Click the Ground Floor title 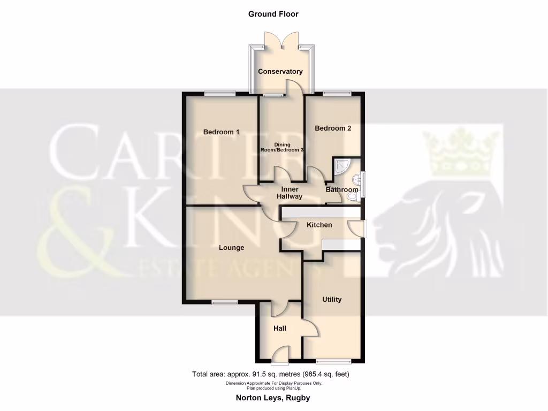tap(273, 14)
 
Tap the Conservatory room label tap(280, 72)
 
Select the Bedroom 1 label tap(221, 132)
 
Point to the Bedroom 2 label tap(333, 128)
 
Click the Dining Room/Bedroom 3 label tap(282, 148)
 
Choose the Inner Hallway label tap(290, 193)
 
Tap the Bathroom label tap(342, 190)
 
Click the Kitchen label tap(319, 225)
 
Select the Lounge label tap(231, 248)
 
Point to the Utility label tap(332, 300)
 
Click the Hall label tap(279, 328)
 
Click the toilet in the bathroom tap(352, 197)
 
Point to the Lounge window tap(224, 303)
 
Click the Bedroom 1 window tap(220, 94)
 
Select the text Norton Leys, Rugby tap(273, 398)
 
